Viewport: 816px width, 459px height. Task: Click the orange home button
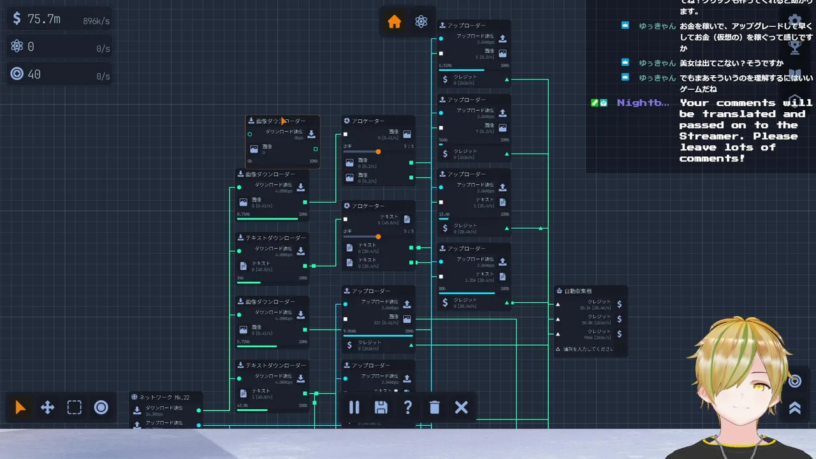(395, 22)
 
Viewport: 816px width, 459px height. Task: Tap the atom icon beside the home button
(421, 22)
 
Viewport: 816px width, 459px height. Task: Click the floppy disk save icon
(381, 407)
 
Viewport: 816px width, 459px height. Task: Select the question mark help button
(408, 407)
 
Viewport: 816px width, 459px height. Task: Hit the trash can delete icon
(435, 407)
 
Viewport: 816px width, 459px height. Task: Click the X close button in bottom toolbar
(462, 407)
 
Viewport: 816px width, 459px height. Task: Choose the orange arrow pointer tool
(21, 407)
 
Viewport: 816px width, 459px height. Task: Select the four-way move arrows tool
(48, 407)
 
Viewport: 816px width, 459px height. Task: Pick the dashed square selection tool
(75, 407)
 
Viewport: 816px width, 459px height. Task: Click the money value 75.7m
(43, 19)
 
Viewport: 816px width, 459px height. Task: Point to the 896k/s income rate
(96, 21)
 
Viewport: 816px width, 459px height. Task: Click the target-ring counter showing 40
(34, 74)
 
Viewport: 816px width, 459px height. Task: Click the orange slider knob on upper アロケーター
(378, 152)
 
